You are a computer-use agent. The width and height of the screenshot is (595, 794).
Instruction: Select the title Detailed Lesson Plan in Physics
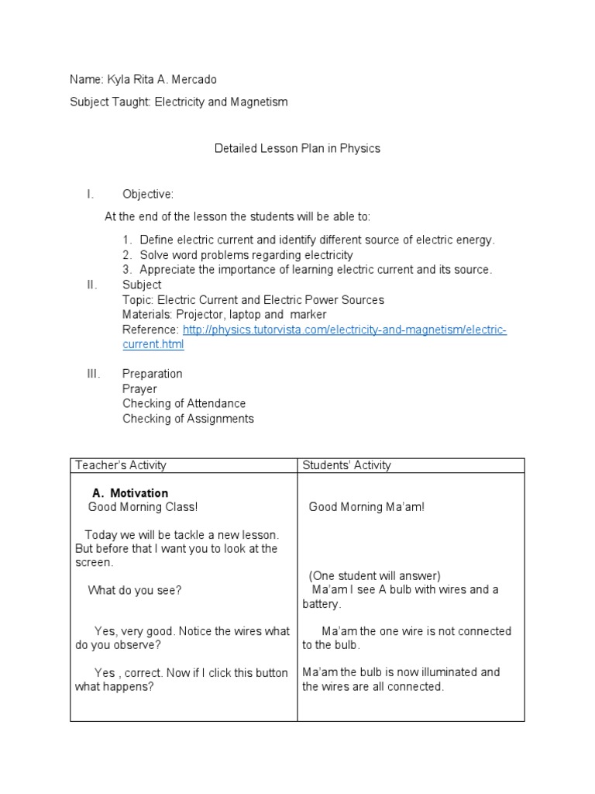pos(297,148)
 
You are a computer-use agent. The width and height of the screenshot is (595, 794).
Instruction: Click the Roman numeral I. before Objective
pos(90,194)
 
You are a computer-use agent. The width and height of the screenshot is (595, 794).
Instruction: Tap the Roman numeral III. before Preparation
pos(93,374)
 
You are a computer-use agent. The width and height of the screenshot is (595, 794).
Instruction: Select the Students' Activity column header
pos(346,465)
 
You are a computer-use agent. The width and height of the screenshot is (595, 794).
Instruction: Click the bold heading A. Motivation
pos(129,493)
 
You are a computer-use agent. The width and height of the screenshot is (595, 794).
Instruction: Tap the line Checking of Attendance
pos(184,403)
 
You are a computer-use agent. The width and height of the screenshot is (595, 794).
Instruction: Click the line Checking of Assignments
pos(187,419)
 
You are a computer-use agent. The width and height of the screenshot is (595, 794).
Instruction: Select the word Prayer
pos(139,388)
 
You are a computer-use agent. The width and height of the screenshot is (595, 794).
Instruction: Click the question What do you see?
pos(134,590)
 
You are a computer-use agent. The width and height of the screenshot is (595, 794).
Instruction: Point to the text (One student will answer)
pos(374,575)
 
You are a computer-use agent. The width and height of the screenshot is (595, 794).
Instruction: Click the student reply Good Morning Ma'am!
pos(366,507)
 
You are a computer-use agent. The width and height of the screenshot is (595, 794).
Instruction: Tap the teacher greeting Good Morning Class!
pos(143,507)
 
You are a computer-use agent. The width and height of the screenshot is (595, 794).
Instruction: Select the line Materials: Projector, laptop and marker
pos(224,315)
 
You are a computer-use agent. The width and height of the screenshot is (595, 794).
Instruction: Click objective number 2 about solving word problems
pos(246,255)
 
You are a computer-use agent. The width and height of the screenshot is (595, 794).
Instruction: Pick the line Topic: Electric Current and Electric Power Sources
pos(253,300)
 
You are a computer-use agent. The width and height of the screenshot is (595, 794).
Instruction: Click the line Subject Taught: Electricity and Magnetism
pos(178,102)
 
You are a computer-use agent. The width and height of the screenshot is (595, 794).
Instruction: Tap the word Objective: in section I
pos(148,194)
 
